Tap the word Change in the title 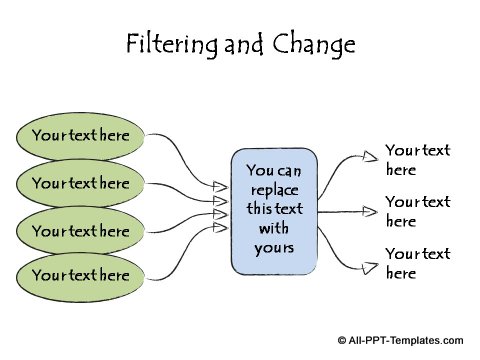[x=317, y=45]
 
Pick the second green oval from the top [x=81, y=183]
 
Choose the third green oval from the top [x=81, y=230]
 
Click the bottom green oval [x=81, y=274]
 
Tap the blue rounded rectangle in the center [x=274, y=212]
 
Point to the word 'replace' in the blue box [x=274, y=189]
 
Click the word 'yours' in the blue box [x=274, y=246]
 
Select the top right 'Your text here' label [x=417, y=160]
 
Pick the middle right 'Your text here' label [x=417, y=211]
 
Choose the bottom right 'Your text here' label [x=417, y=262]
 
